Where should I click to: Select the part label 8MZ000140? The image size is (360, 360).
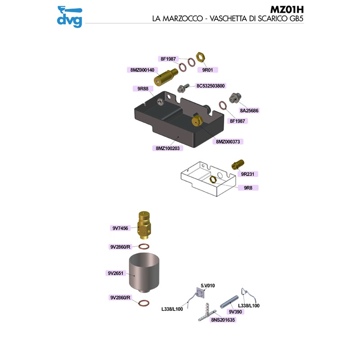[142, 70]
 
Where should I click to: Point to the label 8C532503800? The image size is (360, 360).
[211, 85]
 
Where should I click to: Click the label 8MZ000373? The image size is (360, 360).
[229, 141]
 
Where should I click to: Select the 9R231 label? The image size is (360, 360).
[249, 174]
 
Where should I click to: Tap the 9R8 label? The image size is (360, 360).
[247, 188]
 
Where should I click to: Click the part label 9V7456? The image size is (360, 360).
[120, 228]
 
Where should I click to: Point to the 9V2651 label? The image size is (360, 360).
[116, 273]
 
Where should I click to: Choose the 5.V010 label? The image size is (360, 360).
[208, 285]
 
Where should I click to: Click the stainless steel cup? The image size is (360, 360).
[144, 272]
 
